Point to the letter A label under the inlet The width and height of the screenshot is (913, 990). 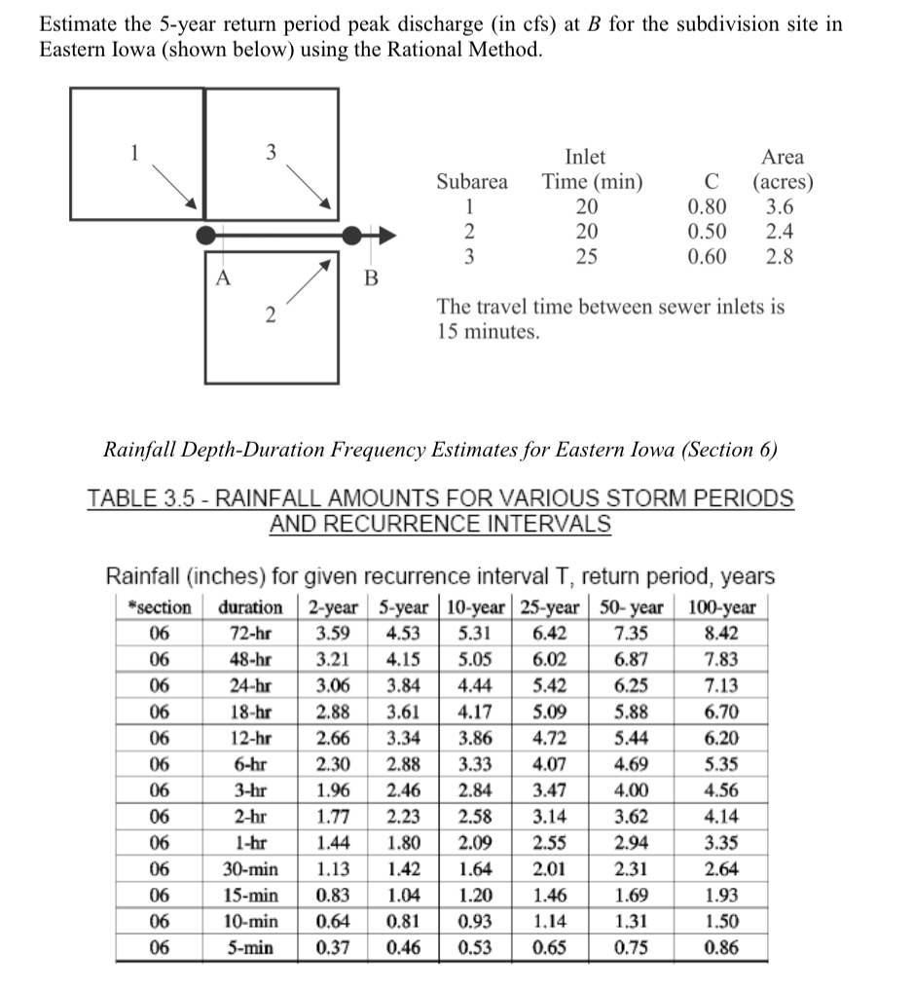[223, 276]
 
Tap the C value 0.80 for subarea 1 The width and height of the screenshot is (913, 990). [706, 206]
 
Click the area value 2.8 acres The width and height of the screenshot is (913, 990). [779, 257]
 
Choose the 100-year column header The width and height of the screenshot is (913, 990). [721, 607]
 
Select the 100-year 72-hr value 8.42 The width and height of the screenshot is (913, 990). [721, 634]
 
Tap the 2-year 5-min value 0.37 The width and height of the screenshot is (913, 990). [334, 948]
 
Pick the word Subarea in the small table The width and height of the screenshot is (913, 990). [472, 182]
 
